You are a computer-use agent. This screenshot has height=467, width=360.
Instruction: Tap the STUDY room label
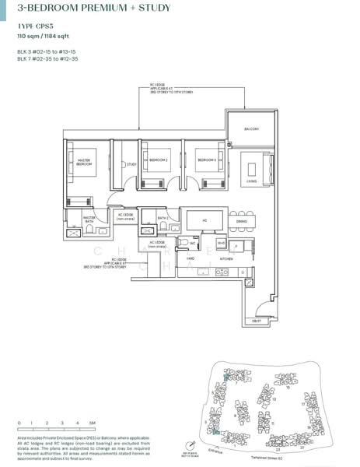tap(131, 163)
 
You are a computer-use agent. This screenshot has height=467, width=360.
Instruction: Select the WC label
tap(192, 243)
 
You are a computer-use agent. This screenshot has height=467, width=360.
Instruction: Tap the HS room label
tap(204, 221)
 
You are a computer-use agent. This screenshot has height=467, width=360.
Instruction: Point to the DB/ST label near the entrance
tap(257, 321)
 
